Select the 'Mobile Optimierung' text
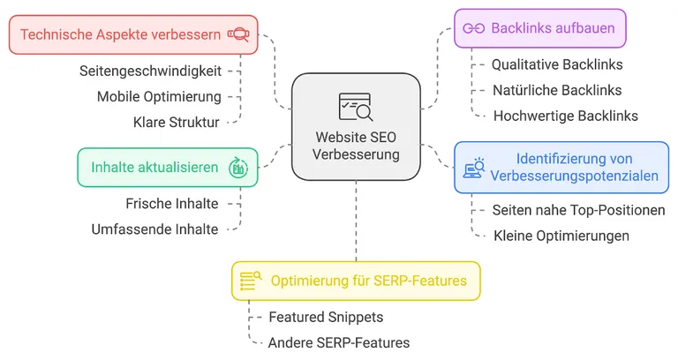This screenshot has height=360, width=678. (x=159, y=96)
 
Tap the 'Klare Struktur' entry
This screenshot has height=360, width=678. (x=176, y=122)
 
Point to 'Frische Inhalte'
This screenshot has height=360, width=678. (x=171, y=204)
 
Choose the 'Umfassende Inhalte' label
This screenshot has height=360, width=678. (x=154, y=229)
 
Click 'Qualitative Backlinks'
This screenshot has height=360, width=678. (x=557, y=64)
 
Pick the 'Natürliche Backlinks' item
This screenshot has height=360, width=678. (x=557, y=90)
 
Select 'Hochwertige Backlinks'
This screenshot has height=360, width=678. (x=566, y=116)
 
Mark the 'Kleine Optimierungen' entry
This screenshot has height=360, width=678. (x=561, y=236)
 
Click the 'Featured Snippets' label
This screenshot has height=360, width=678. (x=326, y=317)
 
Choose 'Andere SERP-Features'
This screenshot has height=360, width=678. (x=339, y=342)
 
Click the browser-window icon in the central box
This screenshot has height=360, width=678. (x=356, y=107)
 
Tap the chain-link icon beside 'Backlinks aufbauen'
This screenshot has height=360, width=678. (x=474, y=28)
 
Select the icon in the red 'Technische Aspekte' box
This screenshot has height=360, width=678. (x=237, y=34)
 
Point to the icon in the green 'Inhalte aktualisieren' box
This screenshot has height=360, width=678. (x=237, y=167)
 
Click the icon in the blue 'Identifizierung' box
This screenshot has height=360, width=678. (x=475, y=168)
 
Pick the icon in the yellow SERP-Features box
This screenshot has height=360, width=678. (x=252, y=281)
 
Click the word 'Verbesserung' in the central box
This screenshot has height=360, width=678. (x=357, y=154)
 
